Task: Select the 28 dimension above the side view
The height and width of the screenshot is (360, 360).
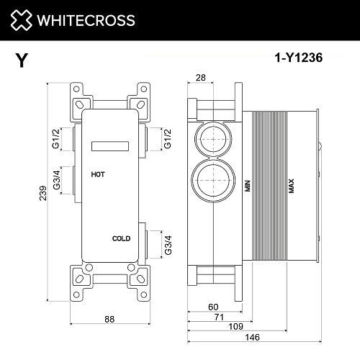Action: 202,77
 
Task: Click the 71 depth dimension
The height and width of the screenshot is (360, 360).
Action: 220,316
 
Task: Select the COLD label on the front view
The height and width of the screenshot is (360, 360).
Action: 121,238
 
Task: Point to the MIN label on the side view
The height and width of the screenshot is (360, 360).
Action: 246,185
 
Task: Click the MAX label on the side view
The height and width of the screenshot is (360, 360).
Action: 292,186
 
